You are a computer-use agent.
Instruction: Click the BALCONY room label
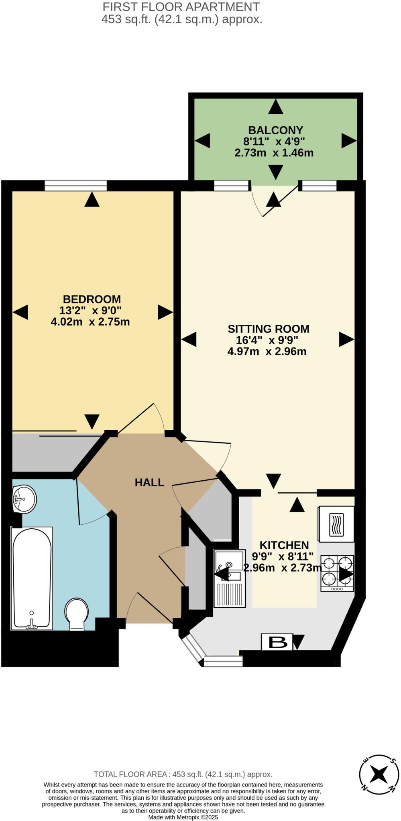coord(275,130)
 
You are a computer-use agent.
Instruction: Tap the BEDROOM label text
coord(92,299)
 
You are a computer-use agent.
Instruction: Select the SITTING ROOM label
coord(269,329)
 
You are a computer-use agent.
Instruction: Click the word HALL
coord(149,482)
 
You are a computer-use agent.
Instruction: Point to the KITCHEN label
coord(284,545)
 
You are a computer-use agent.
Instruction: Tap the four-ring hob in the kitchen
coord(337,573)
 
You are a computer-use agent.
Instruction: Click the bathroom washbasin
coord(24,499)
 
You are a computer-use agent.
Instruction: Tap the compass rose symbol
coord(379,773)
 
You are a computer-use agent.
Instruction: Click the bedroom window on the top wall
coord(75,186)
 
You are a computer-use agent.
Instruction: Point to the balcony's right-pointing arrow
coord(349,141)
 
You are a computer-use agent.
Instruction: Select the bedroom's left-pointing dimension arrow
coord(20,312)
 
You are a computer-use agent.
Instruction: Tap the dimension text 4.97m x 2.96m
coord(267,352)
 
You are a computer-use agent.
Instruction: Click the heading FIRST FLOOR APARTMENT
coord(181,7)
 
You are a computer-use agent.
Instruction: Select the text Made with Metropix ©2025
coord(183,817)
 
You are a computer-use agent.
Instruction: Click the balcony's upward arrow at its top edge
coord(275,107)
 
